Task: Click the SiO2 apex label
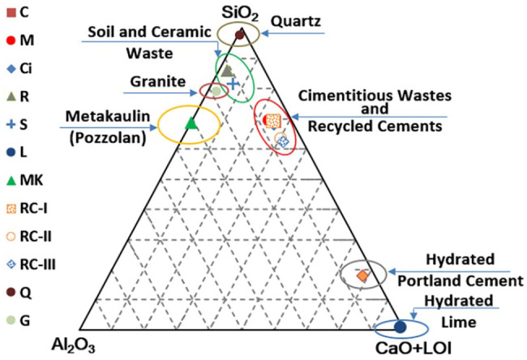click(241, 12)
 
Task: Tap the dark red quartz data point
click(240, 34)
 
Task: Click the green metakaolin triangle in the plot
click(191, 123)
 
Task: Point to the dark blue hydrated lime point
click(400, 327)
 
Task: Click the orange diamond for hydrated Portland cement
click(363, 276)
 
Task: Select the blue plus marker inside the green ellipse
click(233, 83)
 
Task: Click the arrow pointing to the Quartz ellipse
click(302, 34)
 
